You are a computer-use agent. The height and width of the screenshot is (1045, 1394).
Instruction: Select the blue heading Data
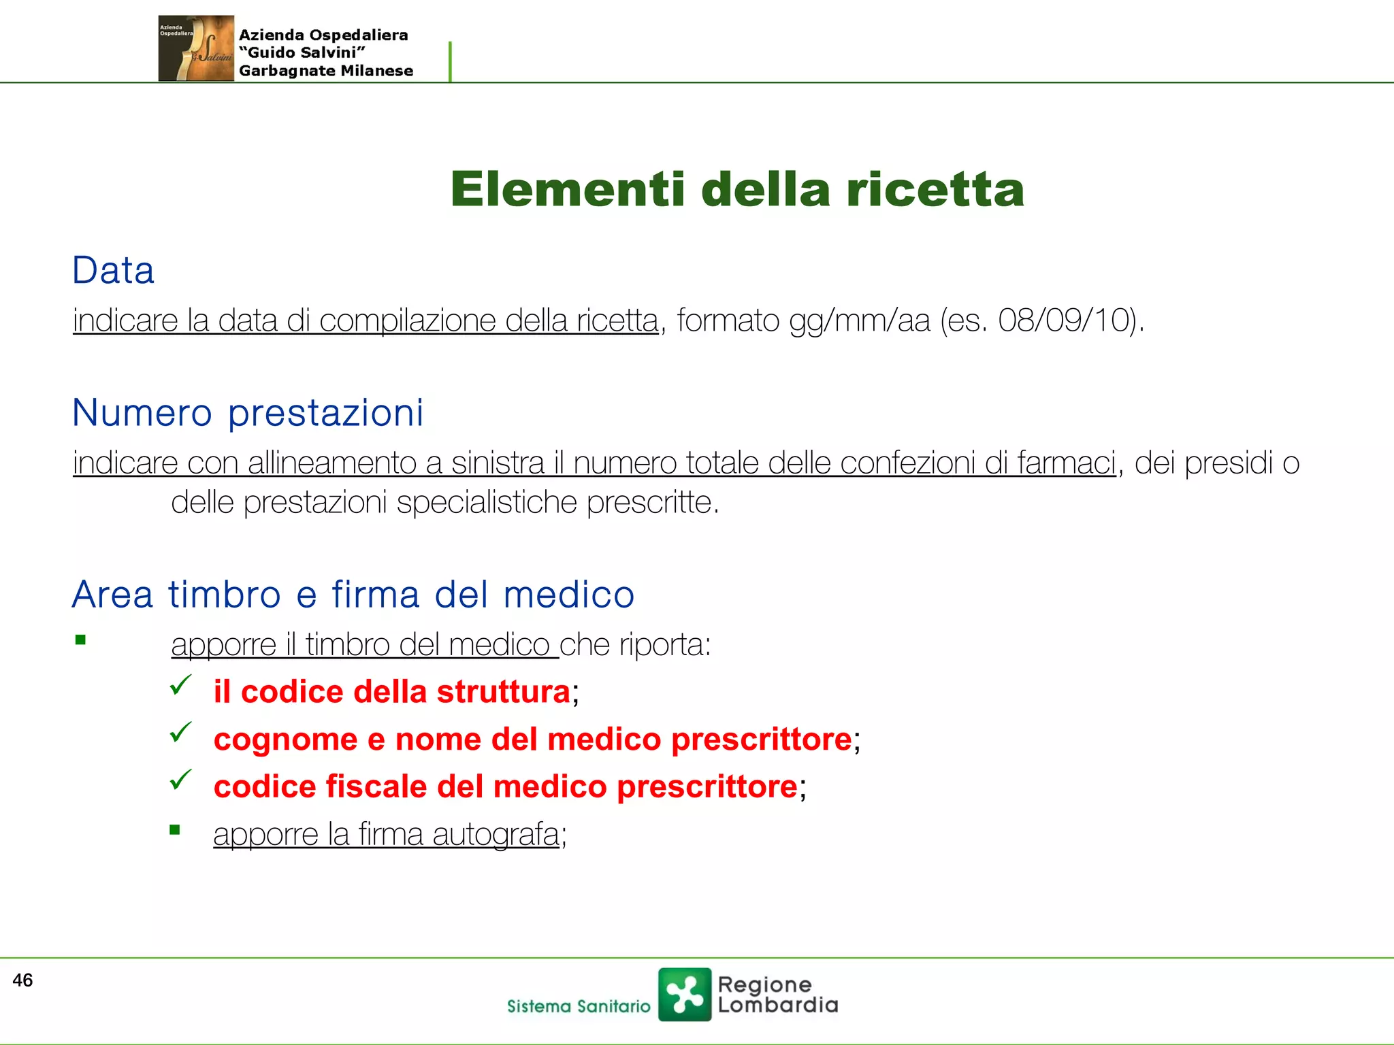click(114, 271)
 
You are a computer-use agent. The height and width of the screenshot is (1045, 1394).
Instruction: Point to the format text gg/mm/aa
click(859, 321)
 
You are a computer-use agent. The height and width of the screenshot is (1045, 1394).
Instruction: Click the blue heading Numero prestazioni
click(248, 413)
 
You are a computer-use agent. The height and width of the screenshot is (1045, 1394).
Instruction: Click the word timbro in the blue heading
click(225, 595)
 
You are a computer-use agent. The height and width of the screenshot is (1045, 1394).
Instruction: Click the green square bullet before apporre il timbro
click(80, 640)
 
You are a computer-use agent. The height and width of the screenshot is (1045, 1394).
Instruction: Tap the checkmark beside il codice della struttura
click(181, 684)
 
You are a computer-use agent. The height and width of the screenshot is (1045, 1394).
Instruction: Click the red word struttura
click(503, 692)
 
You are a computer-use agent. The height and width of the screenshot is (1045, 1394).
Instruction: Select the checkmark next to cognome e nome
click(181, 732)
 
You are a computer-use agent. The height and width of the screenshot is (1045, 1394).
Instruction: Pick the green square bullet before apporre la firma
click(175, 829)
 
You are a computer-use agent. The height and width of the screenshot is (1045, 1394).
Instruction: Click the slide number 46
click(22, 980)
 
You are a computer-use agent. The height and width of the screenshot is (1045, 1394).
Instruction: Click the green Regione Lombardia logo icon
click(684, 994)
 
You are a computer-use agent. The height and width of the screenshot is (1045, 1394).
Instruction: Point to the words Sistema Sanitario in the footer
click(579, 1006)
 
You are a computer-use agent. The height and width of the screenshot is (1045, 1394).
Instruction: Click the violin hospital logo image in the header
click(196, 48)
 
